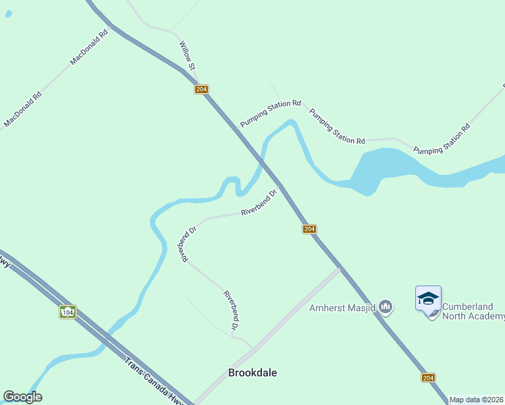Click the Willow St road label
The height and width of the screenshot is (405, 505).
click(x=187, y=55)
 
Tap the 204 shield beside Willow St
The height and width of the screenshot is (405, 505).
click(x=201, y=89)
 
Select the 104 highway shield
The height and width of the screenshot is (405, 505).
click(x=67, y=312)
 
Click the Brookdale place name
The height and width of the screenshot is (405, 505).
click(x=252, y=373)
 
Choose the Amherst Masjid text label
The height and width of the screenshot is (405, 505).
click(x=342, y=308)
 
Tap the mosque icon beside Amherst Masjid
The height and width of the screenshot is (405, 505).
click(x=386, y=308)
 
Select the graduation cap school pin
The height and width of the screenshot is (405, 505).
click(x=428, y=298)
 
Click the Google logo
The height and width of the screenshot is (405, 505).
click(x=22, y=397)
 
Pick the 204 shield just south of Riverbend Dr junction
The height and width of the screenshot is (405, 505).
click(x=309, y=230)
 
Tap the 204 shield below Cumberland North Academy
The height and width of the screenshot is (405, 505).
click(x=428, y=377)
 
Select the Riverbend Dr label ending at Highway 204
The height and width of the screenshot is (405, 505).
click(x=259, y=202)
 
